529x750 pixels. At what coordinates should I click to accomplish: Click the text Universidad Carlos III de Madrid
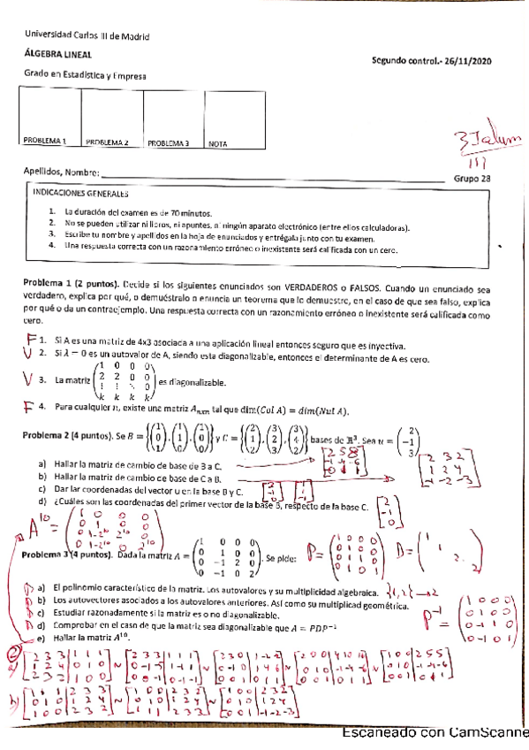click(x=86, y=36)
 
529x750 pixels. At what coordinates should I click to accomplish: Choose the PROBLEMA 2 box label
click(x=108, y=142)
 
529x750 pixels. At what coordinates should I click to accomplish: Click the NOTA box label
click(x=219, y=142)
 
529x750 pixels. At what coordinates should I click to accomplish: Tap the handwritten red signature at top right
click(x=487, y=144)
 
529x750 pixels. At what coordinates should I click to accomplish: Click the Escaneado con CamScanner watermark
click(x=434, y=733)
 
